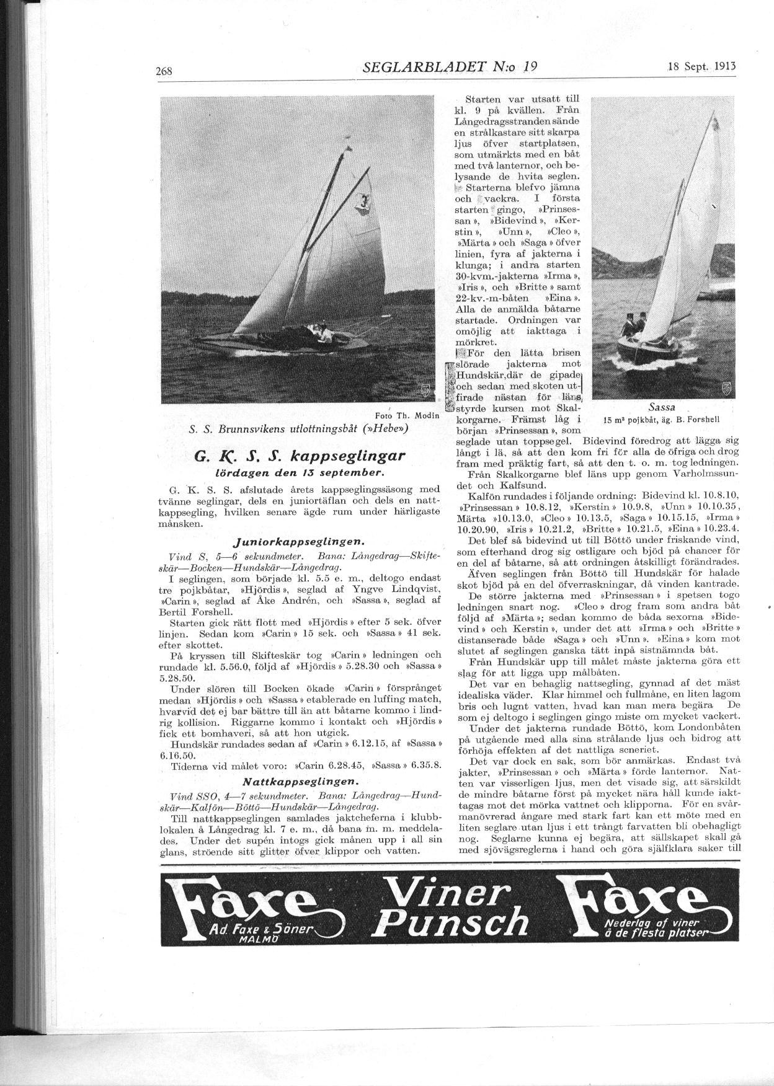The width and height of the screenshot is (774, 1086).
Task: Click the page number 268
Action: pyautogui.click(x=164, y=71)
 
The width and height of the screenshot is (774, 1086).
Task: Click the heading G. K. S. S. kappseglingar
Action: pyautogui.click(x=300, y=457)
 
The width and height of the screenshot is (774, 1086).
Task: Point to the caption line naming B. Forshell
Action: pyautogui.click(x=661, y=418)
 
